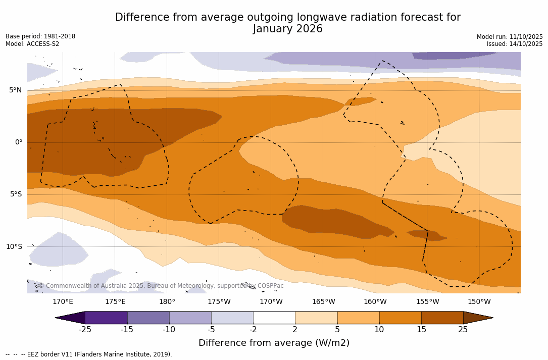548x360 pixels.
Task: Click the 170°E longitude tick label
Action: coord(63,302)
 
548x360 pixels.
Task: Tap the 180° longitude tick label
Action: coord(167,302)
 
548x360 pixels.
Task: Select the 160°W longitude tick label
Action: coord(375,302)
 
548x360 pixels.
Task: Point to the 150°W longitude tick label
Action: coord(479,302)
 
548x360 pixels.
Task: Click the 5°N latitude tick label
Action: coord(15,90)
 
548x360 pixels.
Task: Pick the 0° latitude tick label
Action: coord(19,142)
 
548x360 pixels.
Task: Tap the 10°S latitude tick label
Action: coord(14,247)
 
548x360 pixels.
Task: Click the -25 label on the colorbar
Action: coord(85,330)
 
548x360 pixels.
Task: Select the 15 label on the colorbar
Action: coord(421,330)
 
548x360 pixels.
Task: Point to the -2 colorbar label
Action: coord(253,330)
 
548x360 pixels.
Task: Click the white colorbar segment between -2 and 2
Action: coord(274,318)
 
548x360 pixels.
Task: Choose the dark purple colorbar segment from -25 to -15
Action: coord(106,318)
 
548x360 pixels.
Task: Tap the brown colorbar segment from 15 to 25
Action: coord(442,318)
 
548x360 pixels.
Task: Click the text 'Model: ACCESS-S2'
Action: coord(32,44)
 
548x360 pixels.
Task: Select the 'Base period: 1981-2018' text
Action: coord(40,36)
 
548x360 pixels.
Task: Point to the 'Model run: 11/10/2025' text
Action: coord(510,37)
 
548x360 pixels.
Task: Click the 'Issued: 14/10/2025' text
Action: coord(515,44)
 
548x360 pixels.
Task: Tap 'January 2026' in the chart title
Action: coord(288,29)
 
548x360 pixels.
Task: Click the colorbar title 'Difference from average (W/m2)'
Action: coord(274,343)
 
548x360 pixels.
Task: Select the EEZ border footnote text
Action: coord(89,354)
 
